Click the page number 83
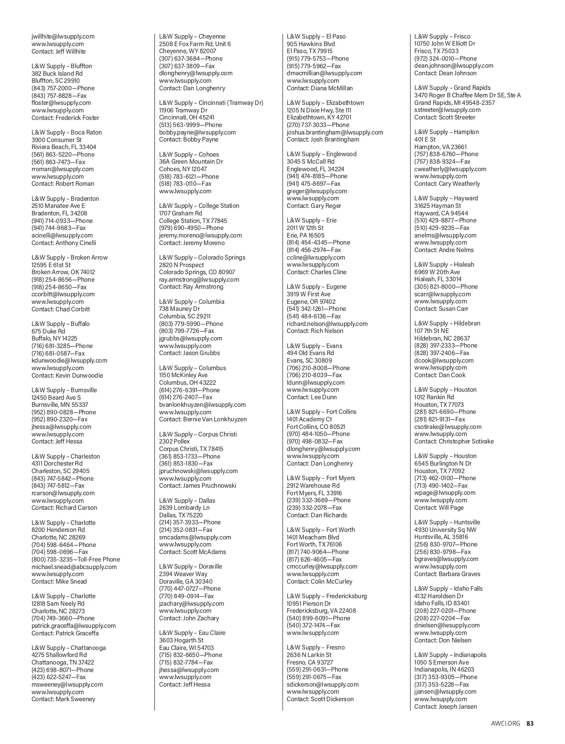point(530,723)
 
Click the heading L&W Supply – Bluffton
point(62,66)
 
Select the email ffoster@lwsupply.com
point(61,103)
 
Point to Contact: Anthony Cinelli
point(64,243)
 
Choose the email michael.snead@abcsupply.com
point(74,567)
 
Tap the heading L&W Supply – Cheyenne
point(192,36)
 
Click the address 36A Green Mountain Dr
point(191,161)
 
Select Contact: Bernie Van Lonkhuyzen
point(202,419)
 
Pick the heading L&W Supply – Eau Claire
point(192,633)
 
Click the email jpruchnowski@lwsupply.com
point(198,471)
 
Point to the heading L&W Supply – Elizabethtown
point(325,103)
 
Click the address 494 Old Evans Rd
point(310,353)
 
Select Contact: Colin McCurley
point(319,581)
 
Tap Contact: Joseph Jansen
point(445,706)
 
